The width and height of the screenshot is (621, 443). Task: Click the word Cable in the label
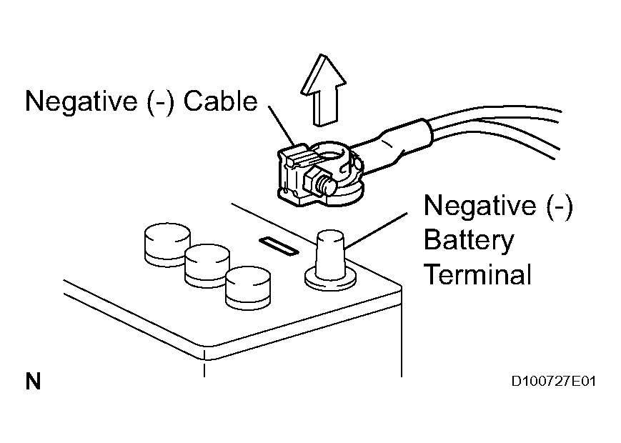220,101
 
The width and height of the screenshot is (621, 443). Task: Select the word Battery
468,240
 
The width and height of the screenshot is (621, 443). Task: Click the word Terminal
477,274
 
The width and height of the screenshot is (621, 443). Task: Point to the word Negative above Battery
475,206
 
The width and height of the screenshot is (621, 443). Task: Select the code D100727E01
553,382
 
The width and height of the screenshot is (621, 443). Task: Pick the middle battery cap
207,264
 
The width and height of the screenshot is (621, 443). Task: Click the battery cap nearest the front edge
247,288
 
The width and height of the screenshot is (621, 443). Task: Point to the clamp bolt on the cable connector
324,183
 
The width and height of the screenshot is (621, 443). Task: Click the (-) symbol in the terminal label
557,206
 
